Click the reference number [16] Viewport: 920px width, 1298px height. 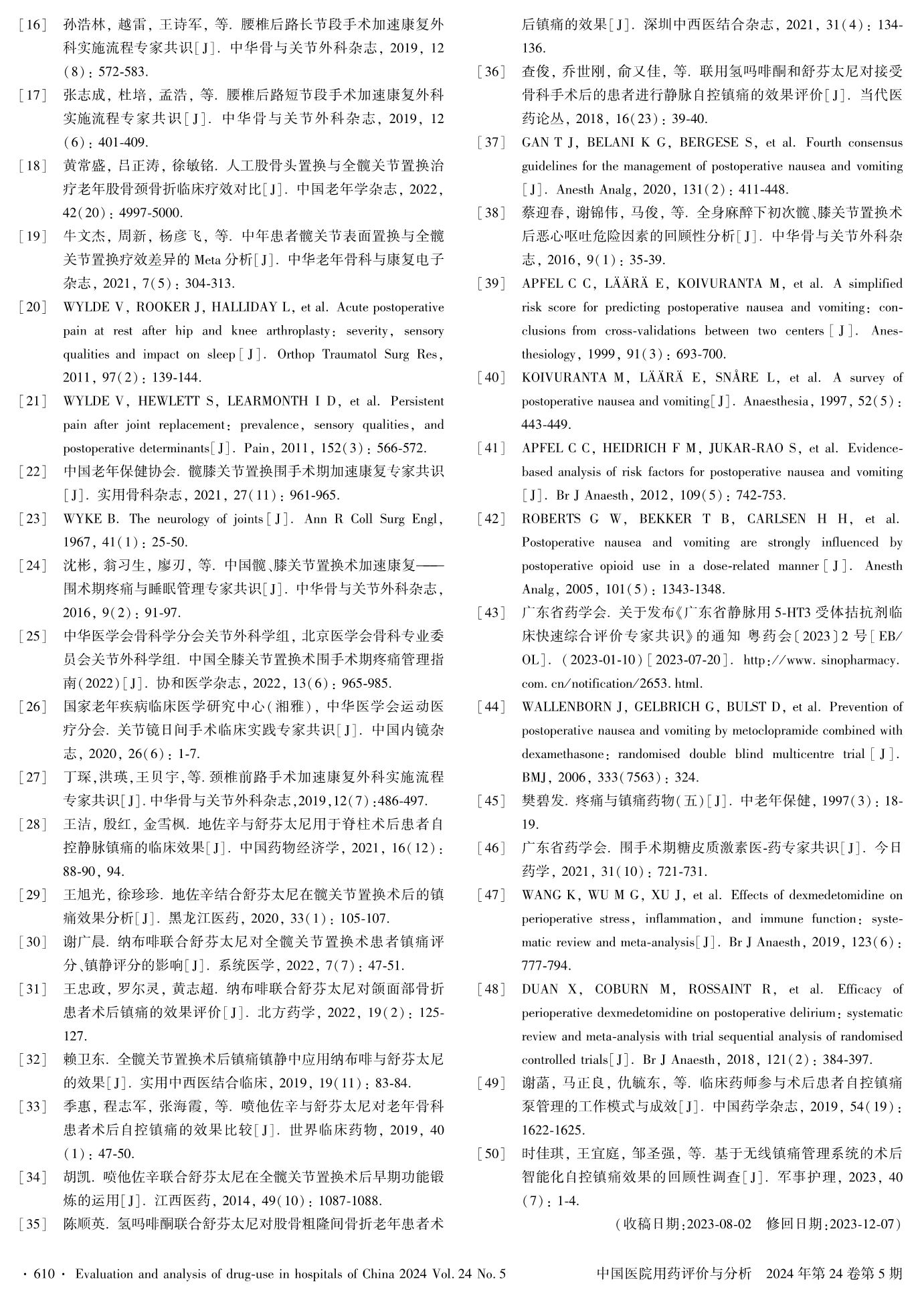click(33, 25)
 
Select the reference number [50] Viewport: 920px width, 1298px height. click(491, 1153)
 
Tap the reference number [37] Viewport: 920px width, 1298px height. click(491, 143)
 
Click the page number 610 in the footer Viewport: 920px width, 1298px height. click(43, 1274)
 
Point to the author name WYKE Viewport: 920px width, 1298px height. click(83, 519)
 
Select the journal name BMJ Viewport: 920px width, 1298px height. click(535, 777)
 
